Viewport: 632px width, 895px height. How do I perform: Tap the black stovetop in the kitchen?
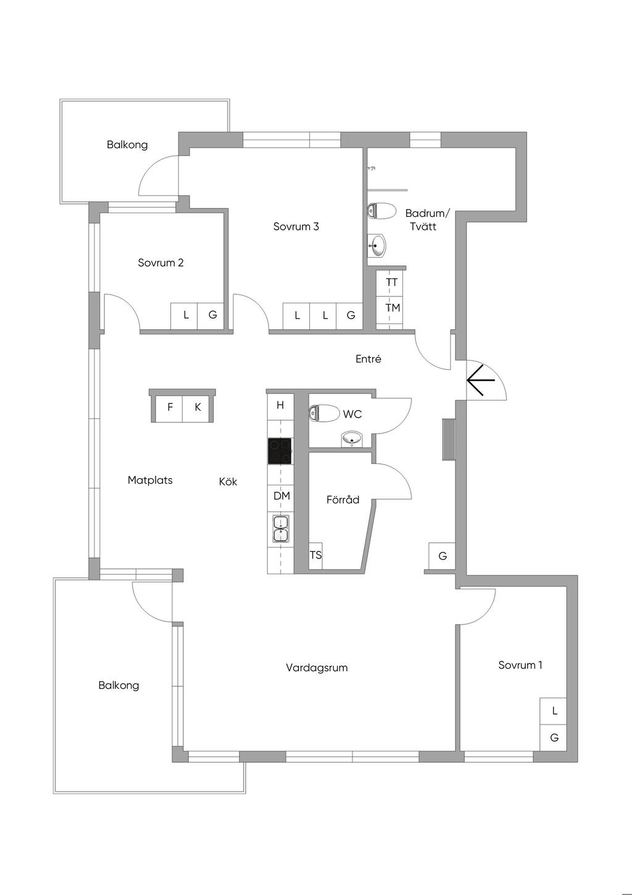tap(280, 451)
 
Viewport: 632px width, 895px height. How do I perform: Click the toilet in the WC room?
tap(324, 413)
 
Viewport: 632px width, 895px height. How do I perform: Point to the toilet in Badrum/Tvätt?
tap(381, 211)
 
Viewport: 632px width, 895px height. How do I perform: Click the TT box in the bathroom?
tap(391, 282)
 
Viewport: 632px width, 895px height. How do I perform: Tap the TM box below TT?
tap(392, 308)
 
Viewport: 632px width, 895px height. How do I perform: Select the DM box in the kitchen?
tap(281, 496)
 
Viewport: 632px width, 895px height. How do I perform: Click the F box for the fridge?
tap(170, 408)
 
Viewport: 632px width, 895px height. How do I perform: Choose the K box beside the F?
tap(197, 408)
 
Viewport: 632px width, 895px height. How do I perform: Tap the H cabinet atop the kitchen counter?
tap(280, 406)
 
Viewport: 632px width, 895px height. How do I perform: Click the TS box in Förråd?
tap(315, 555)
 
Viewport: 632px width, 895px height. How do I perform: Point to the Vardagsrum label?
tap(317, 668)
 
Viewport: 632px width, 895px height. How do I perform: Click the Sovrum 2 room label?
tap(160, 263)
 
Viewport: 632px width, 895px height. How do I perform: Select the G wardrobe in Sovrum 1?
tap(554, 737)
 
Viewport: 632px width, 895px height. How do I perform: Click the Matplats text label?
tap(150, 481)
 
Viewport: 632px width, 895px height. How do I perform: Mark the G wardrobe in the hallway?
tap(443, 557)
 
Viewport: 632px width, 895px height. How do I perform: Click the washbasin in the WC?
tap(352, 439)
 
